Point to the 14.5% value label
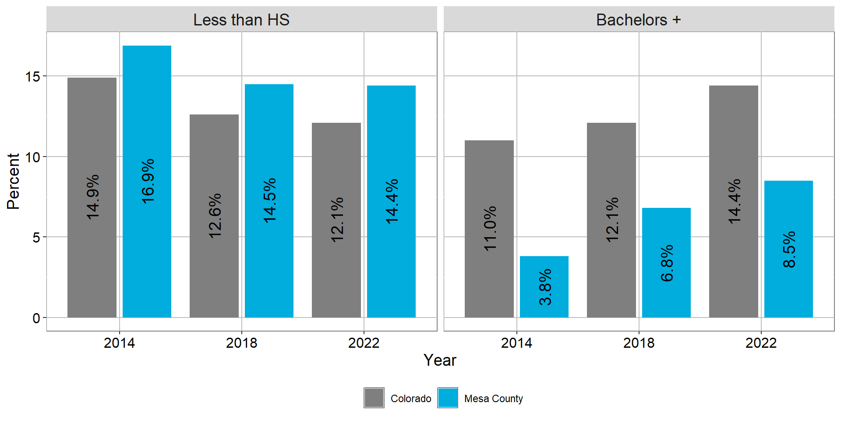click(269, 200)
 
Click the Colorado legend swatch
click(374, 398)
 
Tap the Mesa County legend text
click(493, 399)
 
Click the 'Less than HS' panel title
click(241, 20)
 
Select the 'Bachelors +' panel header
click(638, 20)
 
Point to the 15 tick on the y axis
click(33, 77)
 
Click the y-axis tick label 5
click(36, 238)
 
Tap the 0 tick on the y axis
click(36, 318)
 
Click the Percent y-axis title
click(13, 181)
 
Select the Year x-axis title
click(440, 360)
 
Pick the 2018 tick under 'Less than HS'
click(241, 343)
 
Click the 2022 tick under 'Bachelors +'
click(761, 343)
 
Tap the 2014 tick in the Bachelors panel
click(516, 343)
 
